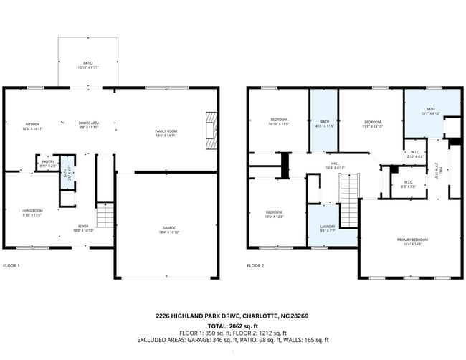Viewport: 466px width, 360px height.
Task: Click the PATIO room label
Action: [88, 65]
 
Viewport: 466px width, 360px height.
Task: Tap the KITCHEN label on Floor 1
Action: [32, 124]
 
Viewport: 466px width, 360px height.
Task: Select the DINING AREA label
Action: [89, 124]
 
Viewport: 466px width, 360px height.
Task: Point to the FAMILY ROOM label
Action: [166, 132]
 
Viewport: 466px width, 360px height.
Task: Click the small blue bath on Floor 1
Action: [66, 172]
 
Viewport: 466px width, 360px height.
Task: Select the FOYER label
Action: [83, 229]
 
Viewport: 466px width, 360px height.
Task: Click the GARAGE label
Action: [168, 230]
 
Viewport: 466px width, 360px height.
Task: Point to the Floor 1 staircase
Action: [105, 214]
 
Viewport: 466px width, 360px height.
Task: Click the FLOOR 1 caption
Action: [11, 265]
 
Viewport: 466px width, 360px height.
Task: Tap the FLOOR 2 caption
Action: [255, 265]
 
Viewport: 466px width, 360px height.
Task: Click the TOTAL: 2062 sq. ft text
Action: [232, 324]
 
